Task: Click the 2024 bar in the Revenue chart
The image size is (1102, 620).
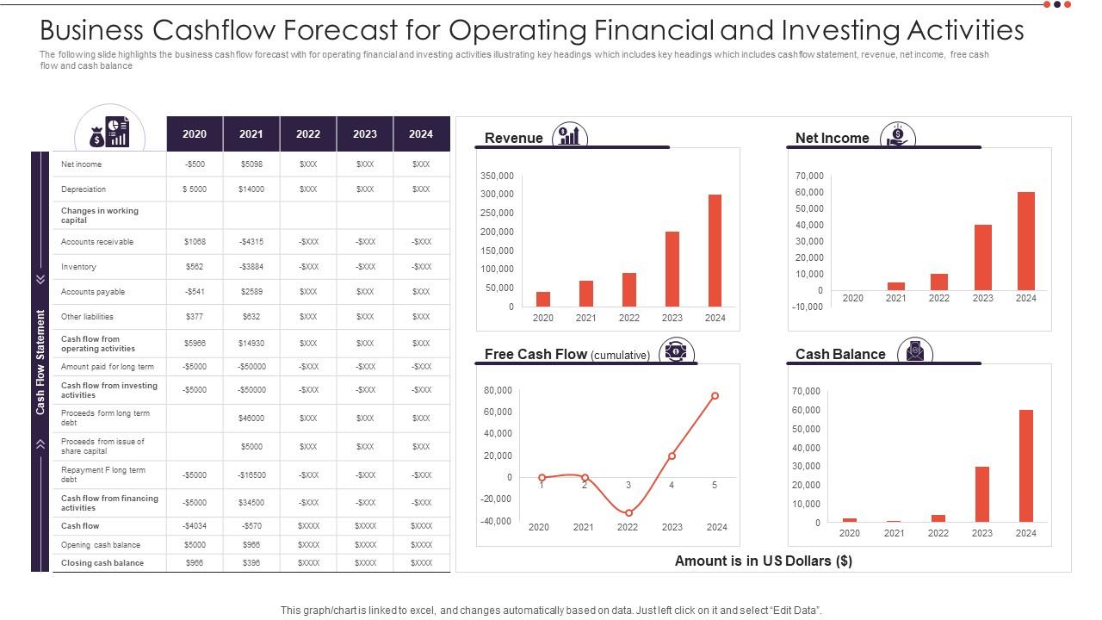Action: pos(715,251)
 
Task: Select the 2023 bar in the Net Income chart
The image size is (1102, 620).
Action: pos(982,257)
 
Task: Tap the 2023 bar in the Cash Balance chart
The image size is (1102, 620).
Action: pos(981,494)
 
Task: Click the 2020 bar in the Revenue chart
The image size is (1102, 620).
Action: pos(542,299)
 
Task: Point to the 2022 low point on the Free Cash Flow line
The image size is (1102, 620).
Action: pos(628,512)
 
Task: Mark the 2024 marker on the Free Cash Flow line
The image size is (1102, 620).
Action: pos(715,396)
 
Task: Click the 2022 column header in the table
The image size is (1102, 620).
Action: pos(308,134)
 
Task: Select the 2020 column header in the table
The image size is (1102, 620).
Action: pos(195,134)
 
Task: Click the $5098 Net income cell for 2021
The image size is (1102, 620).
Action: pos(251,164)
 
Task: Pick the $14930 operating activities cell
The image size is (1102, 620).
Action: pos(251,344)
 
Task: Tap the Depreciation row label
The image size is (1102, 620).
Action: pos(84,189)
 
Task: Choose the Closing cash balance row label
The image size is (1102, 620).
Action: pos(102,563)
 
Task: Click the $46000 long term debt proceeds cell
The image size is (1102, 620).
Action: pos(251,418)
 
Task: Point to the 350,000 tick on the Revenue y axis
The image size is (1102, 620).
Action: pos(497,176)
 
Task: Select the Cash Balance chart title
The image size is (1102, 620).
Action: pos(840,354)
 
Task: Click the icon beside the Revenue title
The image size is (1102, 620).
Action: pos(569,136)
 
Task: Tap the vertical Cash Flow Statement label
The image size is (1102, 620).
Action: pos(40,362)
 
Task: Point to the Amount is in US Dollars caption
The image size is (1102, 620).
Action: pos(763,561)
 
